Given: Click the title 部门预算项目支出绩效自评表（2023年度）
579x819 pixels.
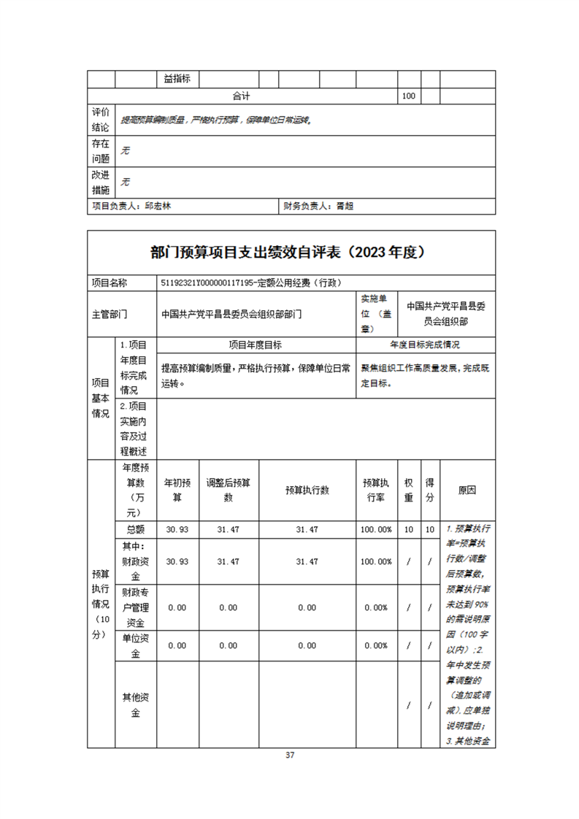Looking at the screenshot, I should (x=289, y=253).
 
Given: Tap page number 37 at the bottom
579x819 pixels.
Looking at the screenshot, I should (x=290, y=755).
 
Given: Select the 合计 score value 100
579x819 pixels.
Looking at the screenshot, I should (x=409, y=96).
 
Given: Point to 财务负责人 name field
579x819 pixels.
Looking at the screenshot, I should (x=318, y=207).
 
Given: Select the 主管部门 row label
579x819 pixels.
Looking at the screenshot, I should (x=110, y=315).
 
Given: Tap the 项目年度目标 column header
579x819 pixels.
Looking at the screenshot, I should (x=256, y=345).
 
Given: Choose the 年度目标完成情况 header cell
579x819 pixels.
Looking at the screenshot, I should (x=425, y=345).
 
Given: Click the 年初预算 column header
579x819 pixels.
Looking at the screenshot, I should (x=177, y=490).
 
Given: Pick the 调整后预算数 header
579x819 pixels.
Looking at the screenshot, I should (x=228, y=490).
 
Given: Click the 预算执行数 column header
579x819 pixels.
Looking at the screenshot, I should (x=307, y=490).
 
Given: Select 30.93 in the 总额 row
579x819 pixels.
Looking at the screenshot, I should (x=177, y=529).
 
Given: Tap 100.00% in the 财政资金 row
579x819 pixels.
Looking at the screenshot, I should (x=376, y=561).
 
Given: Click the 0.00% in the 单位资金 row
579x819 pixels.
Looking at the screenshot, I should (x=376, y=645).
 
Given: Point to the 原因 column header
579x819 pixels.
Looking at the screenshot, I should (x=467, y=490).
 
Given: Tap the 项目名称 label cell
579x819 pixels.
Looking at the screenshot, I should (x=110, y=283).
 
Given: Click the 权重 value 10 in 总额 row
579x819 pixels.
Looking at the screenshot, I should (x=409, y=529).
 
